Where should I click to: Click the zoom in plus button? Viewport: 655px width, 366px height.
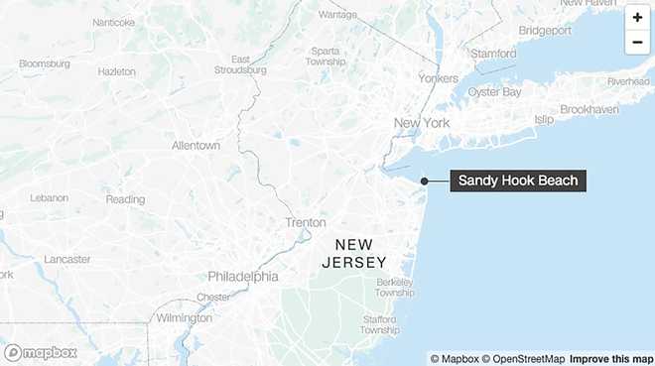[x=637, y=18]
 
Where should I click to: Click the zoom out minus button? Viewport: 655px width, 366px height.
[x=637, y=42]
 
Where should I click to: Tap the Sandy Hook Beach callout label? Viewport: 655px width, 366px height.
[x=516, y=181]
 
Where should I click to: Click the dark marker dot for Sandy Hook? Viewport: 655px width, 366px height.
[x=425, y=181]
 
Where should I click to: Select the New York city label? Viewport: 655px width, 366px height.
[x=422, y=123]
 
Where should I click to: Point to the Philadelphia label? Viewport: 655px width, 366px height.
[x=243, y=276]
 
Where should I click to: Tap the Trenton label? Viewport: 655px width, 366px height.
[x=306, y=223]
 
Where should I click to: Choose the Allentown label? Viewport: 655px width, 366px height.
[x=196, y=145]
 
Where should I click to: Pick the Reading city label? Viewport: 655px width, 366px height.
[x=125, y=199]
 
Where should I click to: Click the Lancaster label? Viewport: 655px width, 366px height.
[x=66, y=259]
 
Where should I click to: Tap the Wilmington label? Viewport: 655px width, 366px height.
[x=184, y=318]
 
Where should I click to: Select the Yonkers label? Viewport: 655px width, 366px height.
[x=439, y=78]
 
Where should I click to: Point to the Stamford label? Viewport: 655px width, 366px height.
[x=493, y=53]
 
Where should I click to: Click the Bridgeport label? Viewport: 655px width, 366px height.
[x=544, y=31]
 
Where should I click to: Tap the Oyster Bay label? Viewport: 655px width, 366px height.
[x=494, y=91]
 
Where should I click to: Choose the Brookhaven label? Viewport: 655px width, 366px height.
[x=589, y=109]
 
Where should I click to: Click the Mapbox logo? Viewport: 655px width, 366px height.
[x=41, y=352]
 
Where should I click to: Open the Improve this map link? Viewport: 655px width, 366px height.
[x=611, y=358]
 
